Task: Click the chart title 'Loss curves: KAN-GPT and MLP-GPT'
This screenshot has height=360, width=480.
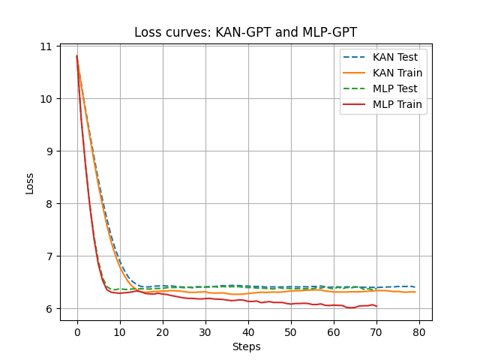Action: (245, 32)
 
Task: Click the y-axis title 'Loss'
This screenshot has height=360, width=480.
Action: (30, 183)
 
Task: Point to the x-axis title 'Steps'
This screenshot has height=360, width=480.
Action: (245, 347)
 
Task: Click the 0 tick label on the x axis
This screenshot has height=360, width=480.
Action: (77, 332)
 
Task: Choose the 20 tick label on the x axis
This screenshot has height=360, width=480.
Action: (163, 332)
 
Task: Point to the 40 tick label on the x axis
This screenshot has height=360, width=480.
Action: (248, 332)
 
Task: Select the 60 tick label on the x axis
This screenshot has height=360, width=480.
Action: (334, 332)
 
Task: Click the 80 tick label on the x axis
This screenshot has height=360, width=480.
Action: (419, 332)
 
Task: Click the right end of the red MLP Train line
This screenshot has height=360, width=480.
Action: (376, 306)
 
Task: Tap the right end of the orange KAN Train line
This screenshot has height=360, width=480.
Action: (415, 292)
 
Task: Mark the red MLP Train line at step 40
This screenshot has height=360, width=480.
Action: (248, 301)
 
